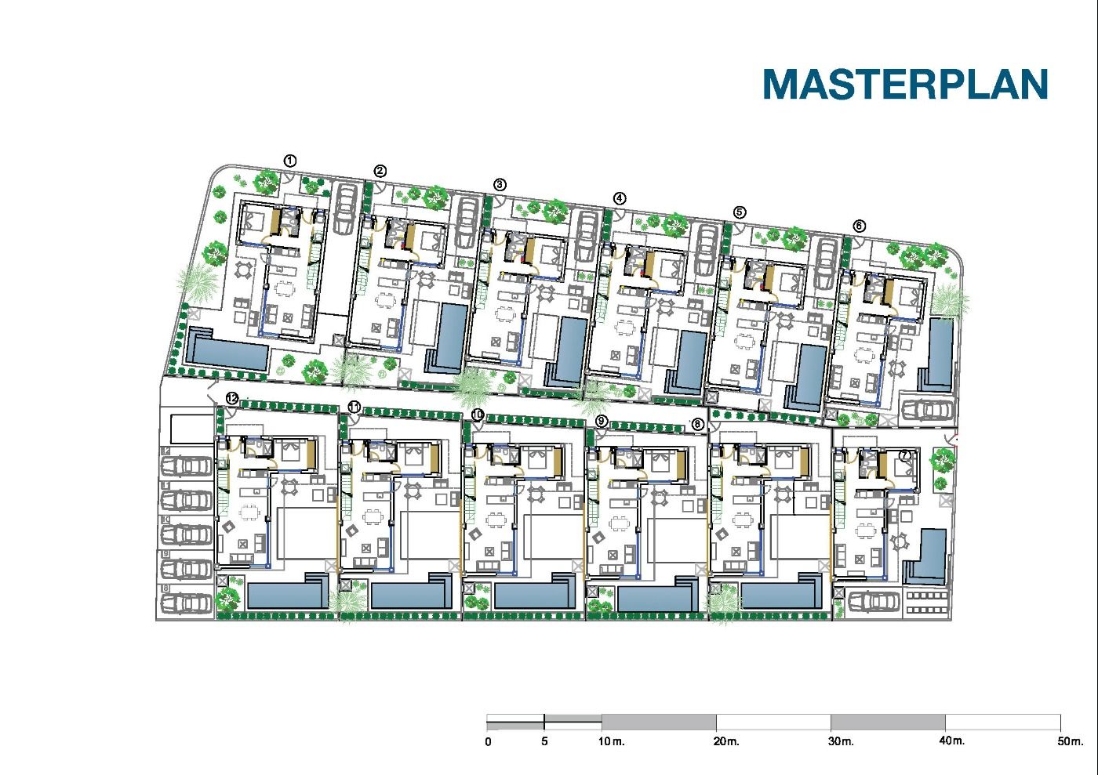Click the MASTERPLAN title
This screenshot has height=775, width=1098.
[x=905, y=84]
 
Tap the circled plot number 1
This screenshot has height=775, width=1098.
[x=290, y=161]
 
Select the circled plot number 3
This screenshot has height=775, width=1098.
[x=500, y=185]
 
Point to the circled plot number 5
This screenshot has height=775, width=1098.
[x=739, y=212]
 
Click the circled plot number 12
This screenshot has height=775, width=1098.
[x=231, y=398]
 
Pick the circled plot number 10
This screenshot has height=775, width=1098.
[x=477, y=414]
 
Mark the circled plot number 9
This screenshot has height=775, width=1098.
[x=602, y=422]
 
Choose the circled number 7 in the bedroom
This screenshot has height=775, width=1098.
[x=905, y=455]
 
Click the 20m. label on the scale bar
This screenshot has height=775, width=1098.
[x=726, y=741]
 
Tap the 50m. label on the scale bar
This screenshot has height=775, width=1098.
[x=1070, y=741]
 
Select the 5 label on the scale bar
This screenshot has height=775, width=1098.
[x=544, y=741]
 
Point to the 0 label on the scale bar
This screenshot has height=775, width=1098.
[x=489, y=741]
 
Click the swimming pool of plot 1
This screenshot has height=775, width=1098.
[x=227, y=352]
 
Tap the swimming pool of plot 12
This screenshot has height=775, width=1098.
[x=286, y=596]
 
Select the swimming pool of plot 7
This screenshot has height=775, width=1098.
[x=933, y=556]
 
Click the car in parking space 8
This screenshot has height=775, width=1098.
[x=188, y=603]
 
